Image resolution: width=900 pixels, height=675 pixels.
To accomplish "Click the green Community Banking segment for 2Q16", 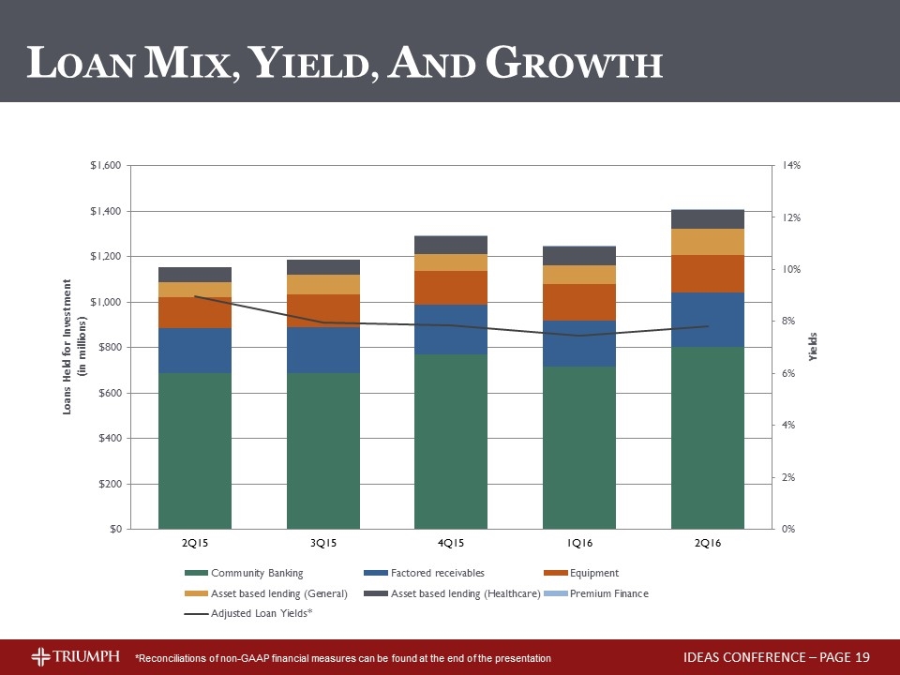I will (708, 438).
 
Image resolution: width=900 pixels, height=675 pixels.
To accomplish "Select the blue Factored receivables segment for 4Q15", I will (451, 329).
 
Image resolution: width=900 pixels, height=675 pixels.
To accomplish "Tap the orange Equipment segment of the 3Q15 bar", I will (323, 310).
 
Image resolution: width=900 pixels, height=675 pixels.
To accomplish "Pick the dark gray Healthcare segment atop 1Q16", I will (579, 255).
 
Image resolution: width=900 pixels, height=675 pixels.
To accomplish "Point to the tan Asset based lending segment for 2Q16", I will (708, 242).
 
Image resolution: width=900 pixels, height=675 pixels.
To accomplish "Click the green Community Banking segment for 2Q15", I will (195, 450).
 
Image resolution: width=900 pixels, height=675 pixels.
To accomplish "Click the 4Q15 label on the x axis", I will (451, 543).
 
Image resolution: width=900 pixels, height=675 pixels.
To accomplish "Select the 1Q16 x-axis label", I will (579, 543).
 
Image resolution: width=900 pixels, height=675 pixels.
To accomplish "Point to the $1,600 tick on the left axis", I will (104, 166).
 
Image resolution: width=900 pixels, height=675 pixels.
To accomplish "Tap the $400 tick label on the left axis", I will (109, 438).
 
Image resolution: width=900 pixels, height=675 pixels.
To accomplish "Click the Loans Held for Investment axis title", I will (74, 346).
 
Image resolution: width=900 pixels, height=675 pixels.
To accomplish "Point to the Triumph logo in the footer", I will (75, 655).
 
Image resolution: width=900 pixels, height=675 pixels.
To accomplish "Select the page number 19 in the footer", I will (862, 656).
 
